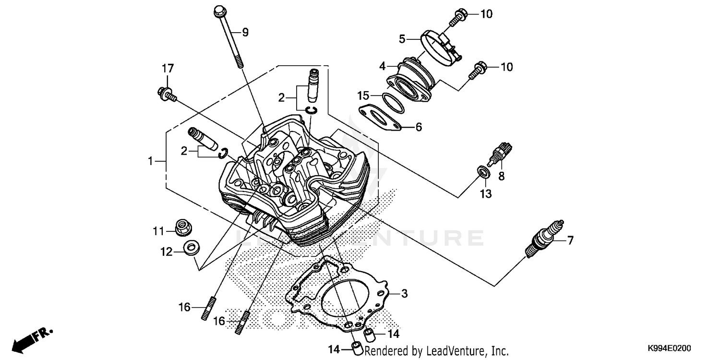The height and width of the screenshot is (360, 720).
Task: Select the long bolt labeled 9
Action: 228,36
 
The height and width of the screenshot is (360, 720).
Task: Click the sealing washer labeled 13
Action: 484,172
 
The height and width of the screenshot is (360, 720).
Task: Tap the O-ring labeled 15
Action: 393,103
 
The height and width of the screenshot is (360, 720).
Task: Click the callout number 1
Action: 151,162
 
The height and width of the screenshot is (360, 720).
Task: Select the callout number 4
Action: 383,65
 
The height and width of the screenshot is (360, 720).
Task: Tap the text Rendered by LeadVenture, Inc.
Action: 436,351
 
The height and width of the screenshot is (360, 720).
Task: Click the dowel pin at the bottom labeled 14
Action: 357,348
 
